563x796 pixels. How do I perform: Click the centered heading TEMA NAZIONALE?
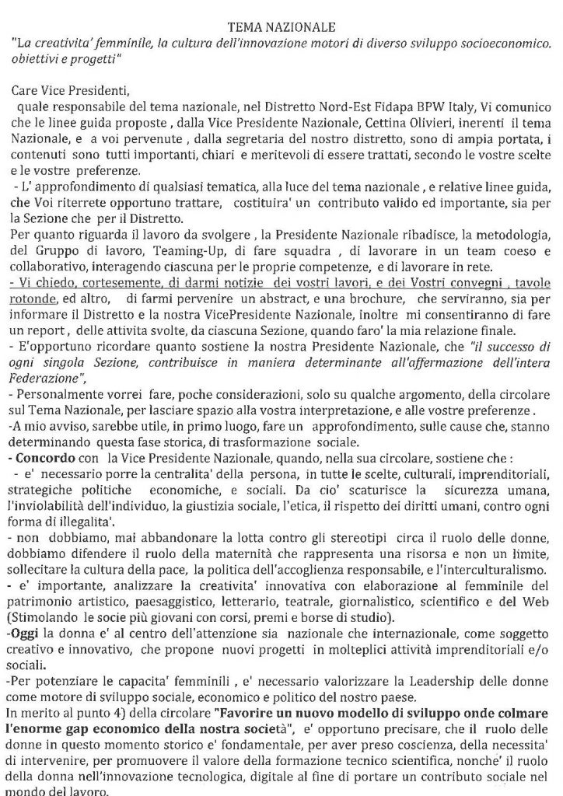click(281, 27)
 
